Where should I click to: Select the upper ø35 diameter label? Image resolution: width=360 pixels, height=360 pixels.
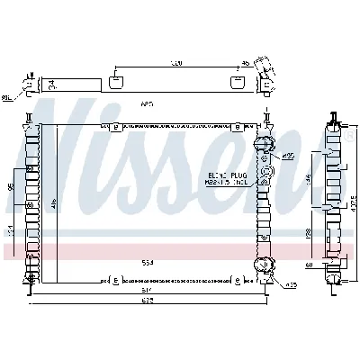click(289, 156)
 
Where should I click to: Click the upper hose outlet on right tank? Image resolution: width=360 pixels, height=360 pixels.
click(264, 145)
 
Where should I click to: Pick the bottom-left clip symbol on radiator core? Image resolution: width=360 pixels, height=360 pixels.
click(118, 280)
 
